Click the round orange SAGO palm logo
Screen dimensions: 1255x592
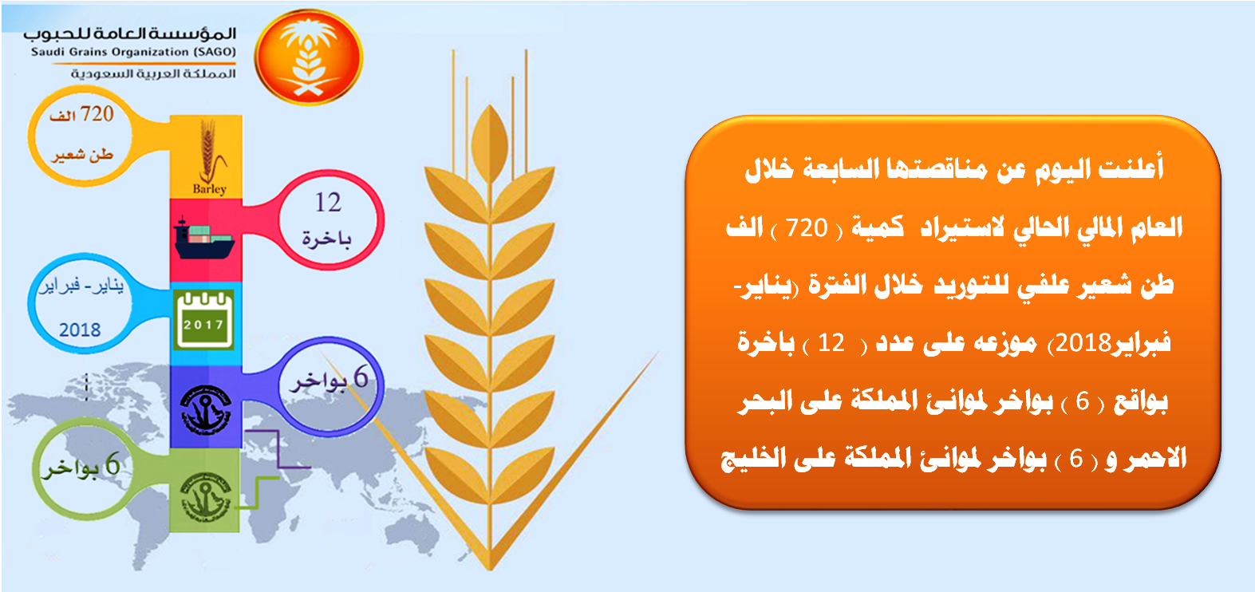point(308,57)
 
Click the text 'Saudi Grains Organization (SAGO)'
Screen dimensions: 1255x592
point(133,52)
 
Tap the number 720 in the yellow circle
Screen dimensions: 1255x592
point(97,114)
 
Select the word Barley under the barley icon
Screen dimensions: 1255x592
point(210,189)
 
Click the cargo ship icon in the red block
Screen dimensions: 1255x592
point(204,239)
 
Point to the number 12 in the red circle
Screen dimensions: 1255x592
point(328,202)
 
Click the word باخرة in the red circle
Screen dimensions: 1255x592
point(326,239)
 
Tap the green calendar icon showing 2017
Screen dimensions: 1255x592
point(203,320)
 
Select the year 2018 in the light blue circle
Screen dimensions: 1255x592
point(80,330)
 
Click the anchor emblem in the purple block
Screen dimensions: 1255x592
point(206,411)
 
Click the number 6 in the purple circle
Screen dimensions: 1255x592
point(361,377)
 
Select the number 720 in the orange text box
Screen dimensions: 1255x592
point(807,228)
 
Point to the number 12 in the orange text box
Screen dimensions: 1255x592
point(831,343)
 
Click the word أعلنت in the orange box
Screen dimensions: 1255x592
point(1131,168)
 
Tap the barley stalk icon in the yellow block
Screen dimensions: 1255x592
point(210,150)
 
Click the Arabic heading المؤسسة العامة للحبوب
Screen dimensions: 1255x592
point(129,34)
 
